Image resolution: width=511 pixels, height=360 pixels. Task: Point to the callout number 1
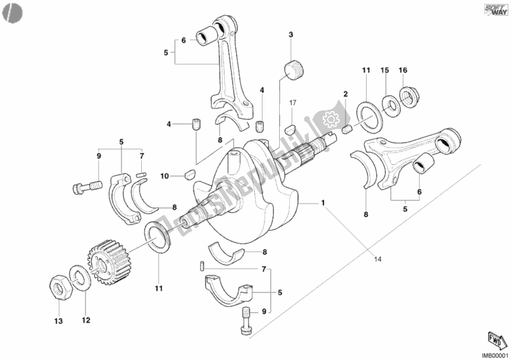pos(323,204)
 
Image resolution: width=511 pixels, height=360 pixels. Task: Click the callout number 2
pos(344,94)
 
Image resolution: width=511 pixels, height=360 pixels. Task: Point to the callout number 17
pos(292,103)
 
